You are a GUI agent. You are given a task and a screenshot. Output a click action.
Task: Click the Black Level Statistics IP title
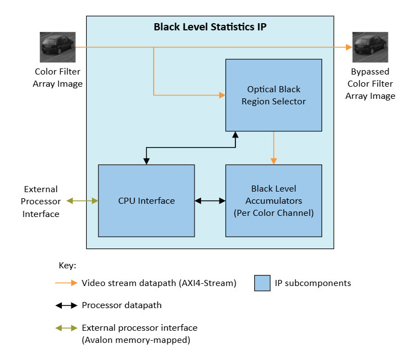pos(210,27)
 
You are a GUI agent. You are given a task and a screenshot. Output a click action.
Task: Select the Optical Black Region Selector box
pos(274,95)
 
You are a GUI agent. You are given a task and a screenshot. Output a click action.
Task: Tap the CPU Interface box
pos(146,200)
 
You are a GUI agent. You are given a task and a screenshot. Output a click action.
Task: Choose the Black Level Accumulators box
pos(274,200)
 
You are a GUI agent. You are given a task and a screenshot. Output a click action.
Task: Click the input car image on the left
pos(57,47)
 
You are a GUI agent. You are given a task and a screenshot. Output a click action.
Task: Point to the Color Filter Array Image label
pos(57,78)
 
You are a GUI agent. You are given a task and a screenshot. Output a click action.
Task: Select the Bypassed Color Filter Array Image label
pos(370,84)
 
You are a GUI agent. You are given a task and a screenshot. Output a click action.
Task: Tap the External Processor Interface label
pos(40,202)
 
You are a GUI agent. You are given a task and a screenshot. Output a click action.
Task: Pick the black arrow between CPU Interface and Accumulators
pos(210,201)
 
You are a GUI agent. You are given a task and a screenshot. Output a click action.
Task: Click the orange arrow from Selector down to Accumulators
pos(274,148)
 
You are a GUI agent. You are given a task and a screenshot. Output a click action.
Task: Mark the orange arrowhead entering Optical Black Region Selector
pos(222,96)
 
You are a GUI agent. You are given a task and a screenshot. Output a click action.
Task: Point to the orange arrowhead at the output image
pos(349,47)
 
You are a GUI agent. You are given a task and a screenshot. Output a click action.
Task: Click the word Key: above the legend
pos(67,266)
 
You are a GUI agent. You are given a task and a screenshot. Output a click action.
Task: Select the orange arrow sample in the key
pos(66,283)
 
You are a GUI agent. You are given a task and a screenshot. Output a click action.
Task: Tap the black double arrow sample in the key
pos(66,305)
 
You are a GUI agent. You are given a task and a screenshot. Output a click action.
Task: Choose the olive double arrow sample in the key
pos(66,328)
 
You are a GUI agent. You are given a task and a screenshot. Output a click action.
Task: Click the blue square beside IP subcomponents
pos(262,283)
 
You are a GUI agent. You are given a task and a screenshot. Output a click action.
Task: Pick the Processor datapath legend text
pos(122,305)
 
